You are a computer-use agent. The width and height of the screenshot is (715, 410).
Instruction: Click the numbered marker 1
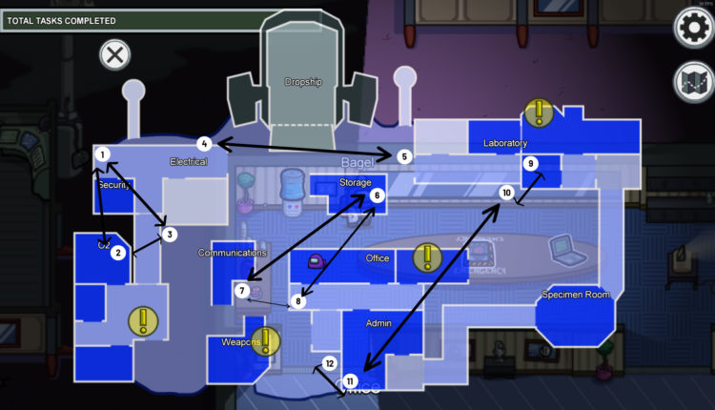coord(103,154)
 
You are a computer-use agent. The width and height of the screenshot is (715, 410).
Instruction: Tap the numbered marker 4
coord(204,144)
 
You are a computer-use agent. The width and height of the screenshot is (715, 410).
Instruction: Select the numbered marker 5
coord(404,155)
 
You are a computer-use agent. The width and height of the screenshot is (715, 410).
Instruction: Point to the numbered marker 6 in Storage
coord(378,195)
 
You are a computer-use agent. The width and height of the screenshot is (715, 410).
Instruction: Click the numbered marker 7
coord(243,290)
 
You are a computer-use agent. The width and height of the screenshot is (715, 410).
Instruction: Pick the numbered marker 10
coord(507,193)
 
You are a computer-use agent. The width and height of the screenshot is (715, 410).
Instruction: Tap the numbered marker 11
coord(352,381)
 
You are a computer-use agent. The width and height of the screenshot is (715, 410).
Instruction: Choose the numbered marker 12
coord(330,363)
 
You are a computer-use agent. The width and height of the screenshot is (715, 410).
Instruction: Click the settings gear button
coord(693,28)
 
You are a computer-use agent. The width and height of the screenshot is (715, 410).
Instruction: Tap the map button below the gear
coord(693,82)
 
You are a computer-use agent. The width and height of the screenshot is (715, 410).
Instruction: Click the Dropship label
coord(303,82)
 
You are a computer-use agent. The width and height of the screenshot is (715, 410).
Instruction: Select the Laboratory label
coord(505,144)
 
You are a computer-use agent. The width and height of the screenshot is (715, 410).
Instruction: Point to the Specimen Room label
coord(576,295)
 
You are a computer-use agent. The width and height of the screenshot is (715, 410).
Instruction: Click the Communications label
coord(232,253)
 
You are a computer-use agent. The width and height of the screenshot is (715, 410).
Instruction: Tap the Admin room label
coord(379,324)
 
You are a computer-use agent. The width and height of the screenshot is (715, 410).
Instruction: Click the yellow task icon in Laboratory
coord(539,113)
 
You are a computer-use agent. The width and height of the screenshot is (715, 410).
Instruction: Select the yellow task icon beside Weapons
coord(265,341)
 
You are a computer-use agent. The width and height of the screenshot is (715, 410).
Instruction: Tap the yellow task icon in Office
coord(428,257)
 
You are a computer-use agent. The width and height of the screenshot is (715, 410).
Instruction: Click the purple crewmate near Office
coord(316,259)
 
